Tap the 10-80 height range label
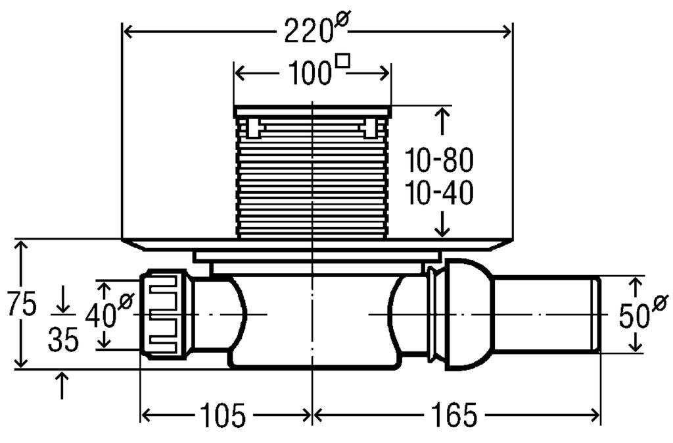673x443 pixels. [x=439, y=160]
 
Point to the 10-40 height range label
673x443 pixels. [x=439, y=193]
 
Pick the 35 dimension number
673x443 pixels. [x=63, y=340]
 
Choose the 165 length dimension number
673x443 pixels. [x=453, y=416]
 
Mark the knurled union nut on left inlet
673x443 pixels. [x=164, y=314]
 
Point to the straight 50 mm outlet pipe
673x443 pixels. [x=545, y=315]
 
